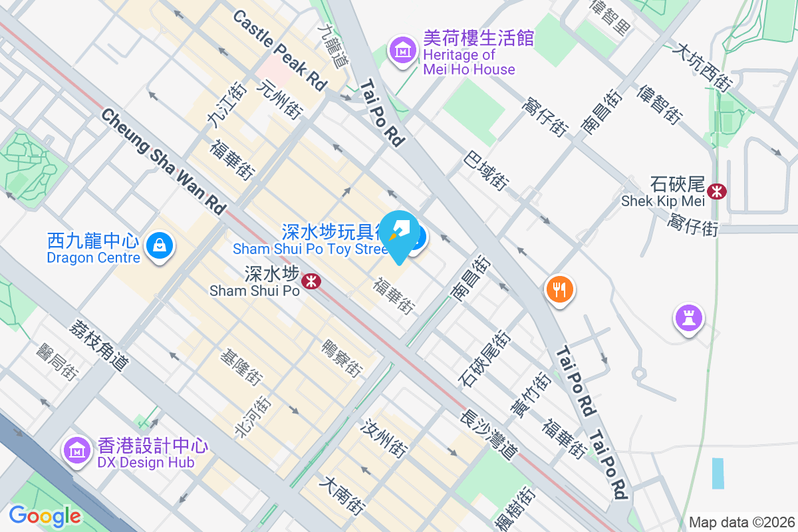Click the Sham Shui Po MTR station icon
pyautogui.click(x=311, y=281)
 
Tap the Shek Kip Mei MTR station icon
pyautogui.click(x=718, y=192)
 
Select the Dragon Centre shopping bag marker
pyautogui.click(x=160, y=245)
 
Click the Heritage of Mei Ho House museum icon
pyautogui.click(x=402, y=49)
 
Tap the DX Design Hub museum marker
pyautogui.click(x=77, y=450)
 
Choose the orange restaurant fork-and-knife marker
pyautogui.click(x=560, y=290)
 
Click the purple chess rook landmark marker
pyautogui.click(x=688, y=317)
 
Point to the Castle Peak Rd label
pyautogui.click(x=280, y=50)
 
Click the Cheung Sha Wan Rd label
pyautogui.click(x=164, y=161)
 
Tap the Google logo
pyautogui.click(x=45, y=516)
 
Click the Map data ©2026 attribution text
pyautogui.click(x=741, y=522)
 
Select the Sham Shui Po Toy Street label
pyautogui.click(x=309, y=249)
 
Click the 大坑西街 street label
pyautogui.click(x=702, y=66)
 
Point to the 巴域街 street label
pyautogui.click(x=486, y=170)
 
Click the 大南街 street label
pyautogui.click(x=342, y=495)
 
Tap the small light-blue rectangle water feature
pyautogui.click(x=718, y=473)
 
